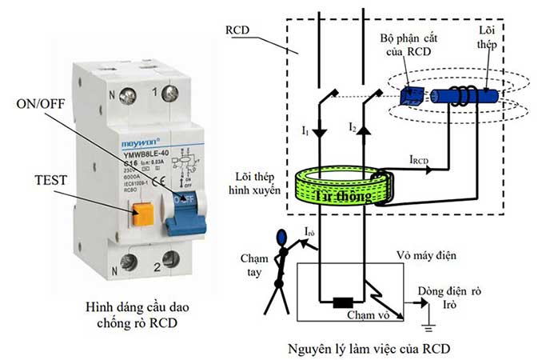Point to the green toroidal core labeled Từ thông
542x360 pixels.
coord(336,186)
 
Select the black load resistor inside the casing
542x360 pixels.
coord(345,303)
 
